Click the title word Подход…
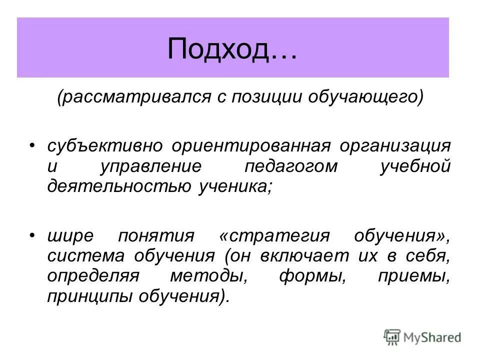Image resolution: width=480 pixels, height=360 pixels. [232, 48]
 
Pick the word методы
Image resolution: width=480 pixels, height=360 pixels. [199, 277]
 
